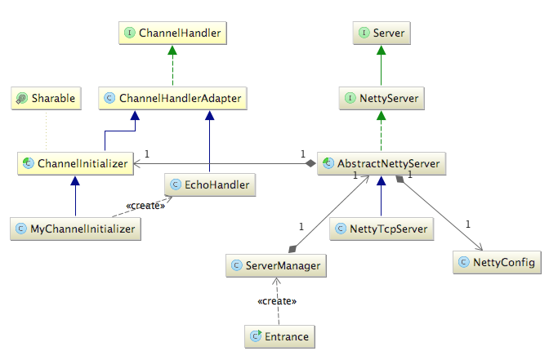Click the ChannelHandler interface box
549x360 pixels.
172,33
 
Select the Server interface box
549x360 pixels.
382,33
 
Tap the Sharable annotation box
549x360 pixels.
47,98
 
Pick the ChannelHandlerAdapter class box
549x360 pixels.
173,98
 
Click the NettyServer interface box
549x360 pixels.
382,98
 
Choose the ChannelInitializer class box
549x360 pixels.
76,163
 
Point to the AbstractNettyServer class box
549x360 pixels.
382,163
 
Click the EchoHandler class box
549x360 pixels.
210,184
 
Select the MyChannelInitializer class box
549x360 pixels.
76,229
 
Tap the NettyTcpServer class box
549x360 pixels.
382,229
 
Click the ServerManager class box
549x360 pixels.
276,265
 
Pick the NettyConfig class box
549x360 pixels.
498,262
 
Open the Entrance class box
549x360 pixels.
279,336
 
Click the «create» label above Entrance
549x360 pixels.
277,301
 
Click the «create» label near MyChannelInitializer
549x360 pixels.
145,206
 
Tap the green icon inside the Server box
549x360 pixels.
364,33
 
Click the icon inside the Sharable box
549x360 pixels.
22,98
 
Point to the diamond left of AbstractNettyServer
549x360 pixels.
310,163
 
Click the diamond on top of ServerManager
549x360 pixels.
292,249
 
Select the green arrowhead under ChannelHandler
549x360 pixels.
172,50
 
